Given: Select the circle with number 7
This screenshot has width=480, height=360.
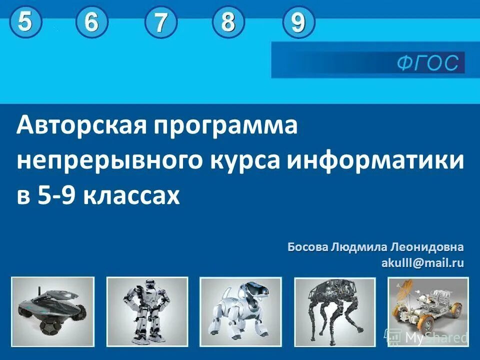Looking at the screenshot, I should (x=160, y=24).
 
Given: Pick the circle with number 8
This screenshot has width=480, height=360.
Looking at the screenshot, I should (x=228, y=22).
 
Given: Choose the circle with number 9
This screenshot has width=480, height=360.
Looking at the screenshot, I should (x=298, y=23).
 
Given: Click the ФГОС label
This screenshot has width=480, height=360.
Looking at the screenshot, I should (x=427, y=63).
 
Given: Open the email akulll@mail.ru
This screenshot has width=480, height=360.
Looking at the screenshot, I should (x=422, y=262).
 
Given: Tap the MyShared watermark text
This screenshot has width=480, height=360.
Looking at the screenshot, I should (x=436, y=338).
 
